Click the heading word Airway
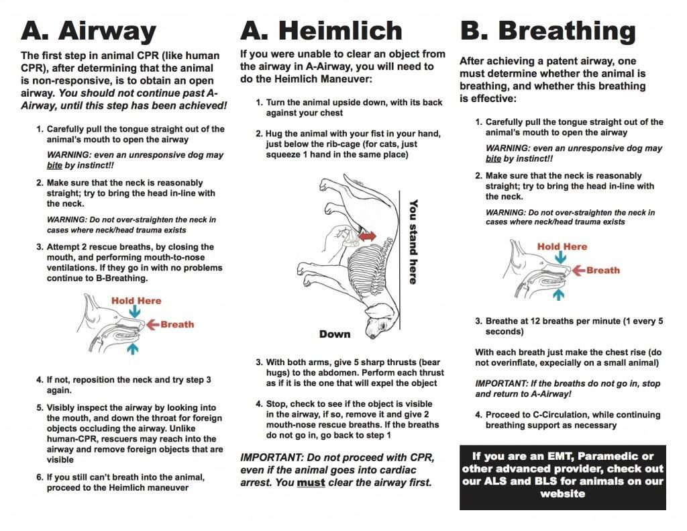107,31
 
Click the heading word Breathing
567,31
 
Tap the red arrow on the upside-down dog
366,236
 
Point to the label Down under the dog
335,334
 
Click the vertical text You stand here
413,242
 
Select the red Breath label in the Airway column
177,324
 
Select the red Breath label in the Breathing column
602,271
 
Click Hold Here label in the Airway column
136,300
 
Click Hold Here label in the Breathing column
562,246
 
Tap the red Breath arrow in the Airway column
152,325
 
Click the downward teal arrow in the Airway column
136,311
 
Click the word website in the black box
562,494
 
